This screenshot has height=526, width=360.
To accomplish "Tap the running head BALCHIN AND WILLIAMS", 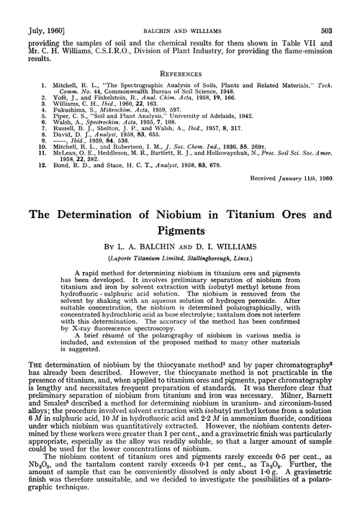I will [x=180, y=10].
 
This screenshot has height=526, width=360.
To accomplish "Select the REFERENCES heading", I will [x=180, y=52].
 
